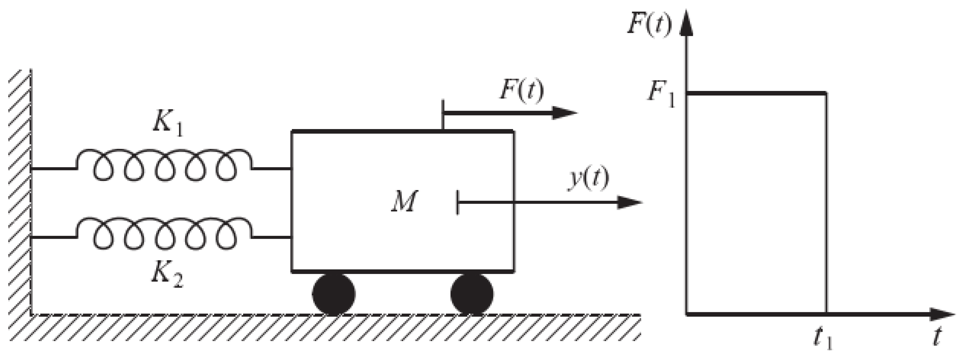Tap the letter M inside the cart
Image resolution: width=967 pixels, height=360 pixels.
tap(404, 202)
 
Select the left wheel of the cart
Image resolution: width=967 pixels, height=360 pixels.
tap(333, 294)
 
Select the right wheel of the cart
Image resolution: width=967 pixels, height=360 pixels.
tap(472, 294)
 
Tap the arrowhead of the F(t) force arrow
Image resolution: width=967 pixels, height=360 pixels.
tap(565, 113)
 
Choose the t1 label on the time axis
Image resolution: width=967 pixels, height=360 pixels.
tap(822, 338)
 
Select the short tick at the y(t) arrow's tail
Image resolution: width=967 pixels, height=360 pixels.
tap(458, 203)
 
